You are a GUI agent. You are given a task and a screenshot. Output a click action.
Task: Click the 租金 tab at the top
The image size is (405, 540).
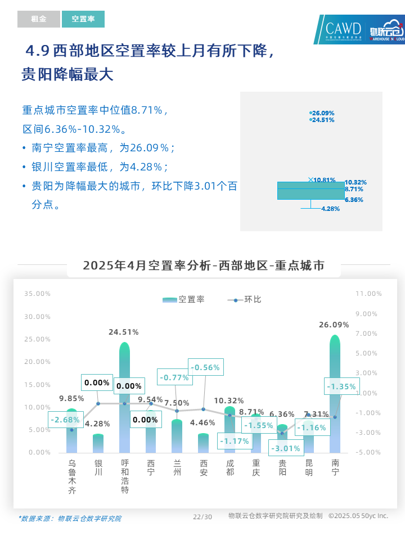38,19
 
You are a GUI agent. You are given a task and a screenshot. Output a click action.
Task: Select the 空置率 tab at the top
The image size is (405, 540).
83,19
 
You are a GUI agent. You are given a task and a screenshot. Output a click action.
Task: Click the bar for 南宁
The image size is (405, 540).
335,394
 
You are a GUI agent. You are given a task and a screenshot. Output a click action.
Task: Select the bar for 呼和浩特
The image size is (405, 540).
124,397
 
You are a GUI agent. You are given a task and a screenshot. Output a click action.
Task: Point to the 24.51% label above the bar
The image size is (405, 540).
124,332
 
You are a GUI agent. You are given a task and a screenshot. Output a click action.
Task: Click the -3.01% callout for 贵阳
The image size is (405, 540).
287,448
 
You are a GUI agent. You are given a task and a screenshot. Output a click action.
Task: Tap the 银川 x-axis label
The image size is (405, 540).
98,467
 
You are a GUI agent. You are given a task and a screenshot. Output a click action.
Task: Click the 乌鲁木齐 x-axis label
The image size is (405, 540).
72,476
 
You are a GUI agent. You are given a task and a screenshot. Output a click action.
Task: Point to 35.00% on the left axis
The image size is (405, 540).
37,294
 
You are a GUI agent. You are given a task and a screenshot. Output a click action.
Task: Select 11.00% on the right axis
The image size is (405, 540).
369,294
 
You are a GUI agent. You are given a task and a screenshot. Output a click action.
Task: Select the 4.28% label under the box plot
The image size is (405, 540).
330,209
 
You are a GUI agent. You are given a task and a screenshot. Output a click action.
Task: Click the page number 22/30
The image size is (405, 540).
202,517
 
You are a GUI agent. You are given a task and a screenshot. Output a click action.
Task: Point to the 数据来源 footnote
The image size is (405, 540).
70,519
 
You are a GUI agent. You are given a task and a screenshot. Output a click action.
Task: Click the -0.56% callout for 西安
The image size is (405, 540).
205,368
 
